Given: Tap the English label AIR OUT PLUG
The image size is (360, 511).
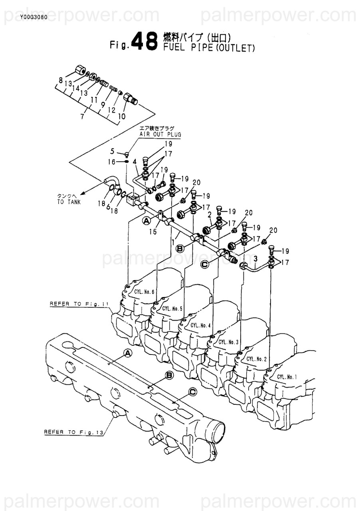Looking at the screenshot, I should pos(160,135).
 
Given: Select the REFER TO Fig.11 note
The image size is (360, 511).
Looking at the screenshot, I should pos(79,304).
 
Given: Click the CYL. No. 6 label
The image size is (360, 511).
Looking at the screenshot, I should pos(144,292).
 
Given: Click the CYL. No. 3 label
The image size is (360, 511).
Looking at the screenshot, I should pos(228,342).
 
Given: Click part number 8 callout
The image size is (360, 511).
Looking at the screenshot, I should pos(61,81).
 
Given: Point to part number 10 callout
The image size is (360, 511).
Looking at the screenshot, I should pos(122,116).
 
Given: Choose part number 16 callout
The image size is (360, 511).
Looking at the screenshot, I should pos(111,162).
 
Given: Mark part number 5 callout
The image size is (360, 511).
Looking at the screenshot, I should pos(113,151).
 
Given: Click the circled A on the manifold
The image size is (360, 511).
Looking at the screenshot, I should pos(127,353).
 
